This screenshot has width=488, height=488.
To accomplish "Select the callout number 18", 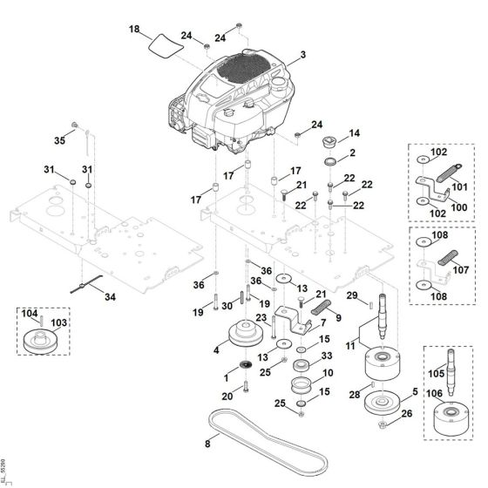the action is tap(134, 30).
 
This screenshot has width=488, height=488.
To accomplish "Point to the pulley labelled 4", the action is tap(246, 333).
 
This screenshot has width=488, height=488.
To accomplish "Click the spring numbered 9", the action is tap(322, 307).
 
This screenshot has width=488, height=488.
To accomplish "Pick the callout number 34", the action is tap(110, 297).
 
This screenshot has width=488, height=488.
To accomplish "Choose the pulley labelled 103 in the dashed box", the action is tap(39, 342).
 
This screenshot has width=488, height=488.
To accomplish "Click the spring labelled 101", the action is tap(449, 173).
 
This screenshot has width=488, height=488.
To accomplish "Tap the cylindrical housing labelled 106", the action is tap(451, 420).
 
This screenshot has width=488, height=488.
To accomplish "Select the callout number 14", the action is tap(355, 133).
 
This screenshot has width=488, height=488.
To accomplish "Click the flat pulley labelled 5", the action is tap(383, 403).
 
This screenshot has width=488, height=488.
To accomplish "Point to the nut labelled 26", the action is tap(383, 424).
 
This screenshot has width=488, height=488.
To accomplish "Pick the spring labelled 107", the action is tap(448, 258).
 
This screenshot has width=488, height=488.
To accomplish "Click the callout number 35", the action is tap(60, 140).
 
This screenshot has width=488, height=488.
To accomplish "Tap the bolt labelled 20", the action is tap(246, 386).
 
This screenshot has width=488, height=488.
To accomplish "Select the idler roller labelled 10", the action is tap(302, 385).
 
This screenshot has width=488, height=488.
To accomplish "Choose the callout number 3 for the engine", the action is tap(303, 55).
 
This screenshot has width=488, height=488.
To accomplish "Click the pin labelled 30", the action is tap(241, 299).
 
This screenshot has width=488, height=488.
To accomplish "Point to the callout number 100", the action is tap(459, 207).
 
